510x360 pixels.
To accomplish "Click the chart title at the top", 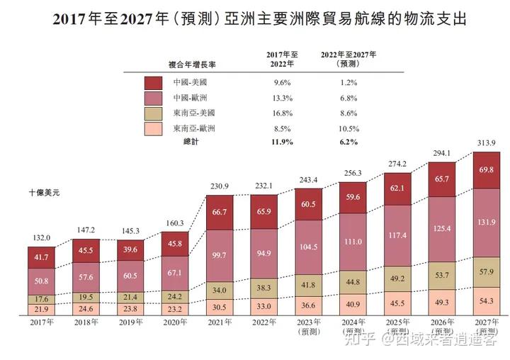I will click(260, 19).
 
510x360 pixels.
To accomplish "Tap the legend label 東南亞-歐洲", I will click(194, 128).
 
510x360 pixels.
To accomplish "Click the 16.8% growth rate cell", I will click(282, 113).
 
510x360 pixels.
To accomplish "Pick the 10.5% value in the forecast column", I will click(348, 128).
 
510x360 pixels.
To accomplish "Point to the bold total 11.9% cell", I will click(282, 142).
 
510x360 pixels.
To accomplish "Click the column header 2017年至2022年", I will click(283, 59).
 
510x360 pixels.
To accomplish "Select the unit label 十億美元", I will click(44, 192).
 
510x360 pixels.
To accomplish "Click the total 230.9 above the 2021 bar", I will click(220, 186).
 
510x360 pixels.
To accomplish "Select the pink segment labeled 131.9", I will click(487, 222).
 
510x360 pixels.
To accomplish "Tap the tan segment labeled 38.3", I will click(263, 288).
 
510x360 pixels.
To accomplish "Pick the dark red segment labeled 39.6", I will click(130, 251).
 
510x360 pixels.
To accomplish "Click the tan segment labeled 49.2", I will click(397, 279).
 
